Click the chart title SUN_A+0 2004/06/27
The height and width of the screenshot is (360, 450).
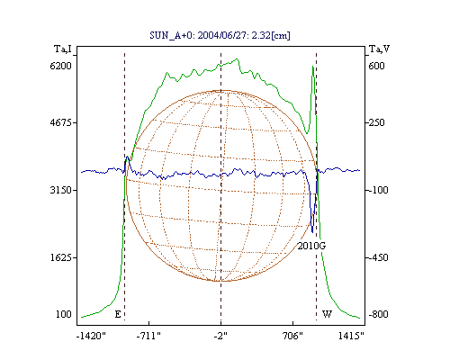click(220, 35)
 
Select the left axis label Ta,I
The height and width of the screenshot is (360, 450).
click(63, 49)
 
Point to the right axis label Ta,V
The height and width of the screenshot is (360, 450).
click(379, 49)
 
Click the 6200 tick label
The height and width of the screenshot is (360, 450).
click(60, 66)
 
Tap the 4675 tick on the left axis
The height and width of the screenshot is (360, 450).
click(60, 122)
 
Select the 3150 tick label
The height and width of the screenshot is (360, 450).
click(60, 190)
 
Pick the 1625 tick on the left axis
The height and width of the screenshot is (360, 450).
click(60, 257)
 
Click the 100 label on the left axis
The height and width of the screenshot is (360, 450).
click(64, 314)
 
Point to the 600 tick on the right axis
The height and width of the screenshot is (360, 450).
click(376, 66)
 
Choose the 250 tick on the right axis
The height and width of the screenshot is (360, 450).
click(375, 122)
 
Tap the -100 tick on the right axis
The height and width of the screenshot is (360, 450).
click(377, 190)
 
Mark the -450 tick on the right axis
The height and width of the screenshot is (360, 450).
click(377, 257)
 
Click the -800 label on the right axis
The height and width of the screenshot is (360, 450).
click(378, 314)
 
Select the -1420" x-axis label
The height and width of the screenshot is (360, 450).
click(91, 336)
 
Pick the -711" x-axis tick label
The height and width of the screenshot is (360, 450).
click(148, 336)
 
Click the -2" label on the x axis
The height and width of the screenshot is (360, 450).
click(220, 336)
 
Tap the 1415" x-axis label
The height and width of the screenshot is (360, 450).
click(351, 336)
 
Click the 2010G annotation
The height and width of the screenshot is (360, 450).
click(311, 246)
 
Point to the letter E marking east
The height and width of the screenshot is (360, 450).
click(118, 314)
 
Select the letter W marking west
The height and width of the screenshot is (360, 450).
click(327, 314)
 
